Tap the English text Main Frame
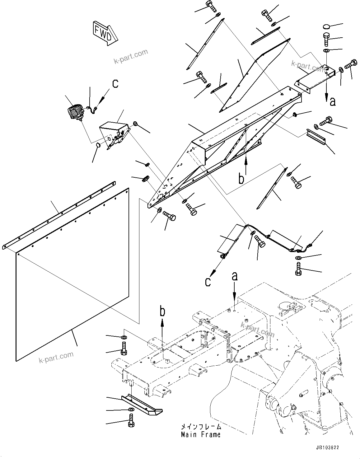[x=201, y=434]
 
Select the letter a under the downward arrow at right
[x=333, y=101]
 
